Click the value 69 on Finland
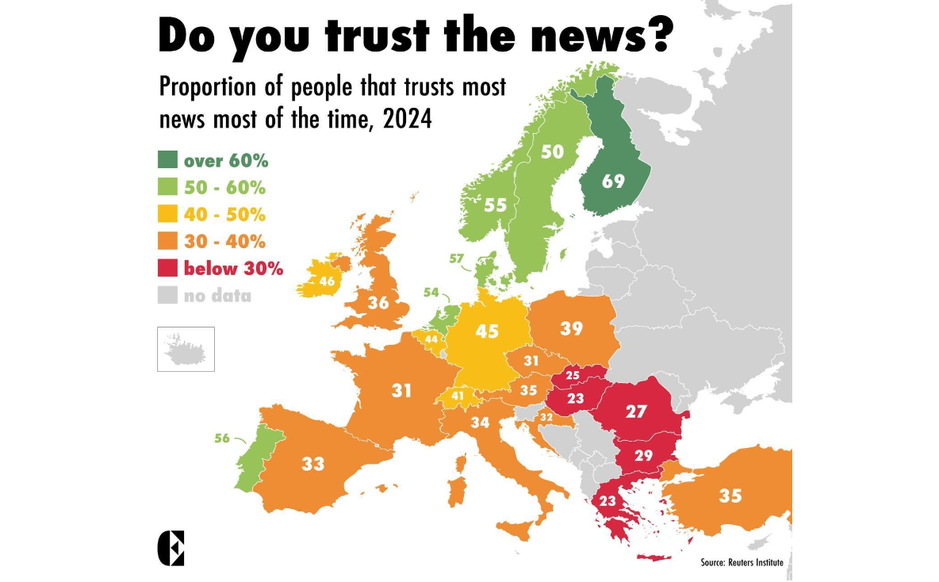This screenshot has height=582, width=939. pos(612,181)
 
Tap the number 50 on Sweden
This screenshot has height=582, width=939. pos(552,152)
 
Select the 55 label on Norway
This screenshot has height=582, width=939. pos(495,205)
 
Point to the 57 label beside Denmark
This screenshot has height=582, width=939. pos(456,259)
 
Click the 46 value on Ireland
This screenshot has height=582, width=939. pos(327,281)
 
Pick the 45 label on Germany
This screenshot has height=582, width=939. pos(486,331)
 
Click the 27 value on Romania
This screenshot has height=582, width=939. pos(636,412)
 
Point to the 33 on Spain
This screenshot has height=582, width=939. pos(313,464)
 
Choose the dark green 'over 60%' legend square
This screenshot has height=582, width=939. pos(167,161)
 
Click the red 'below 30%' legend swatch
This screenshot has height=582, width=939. pos(167,269)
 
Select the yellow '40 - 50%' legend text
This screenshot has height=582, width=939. pos(224,215)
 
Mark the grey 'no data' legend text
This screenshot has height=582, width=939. pos(217,297)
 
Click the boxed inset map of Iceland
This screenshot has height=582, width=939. pos(186,348)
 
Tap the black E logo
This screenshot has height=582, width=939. pos(171,548)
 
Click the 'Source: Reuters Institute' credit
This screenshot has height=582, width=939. pos(742,562)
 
